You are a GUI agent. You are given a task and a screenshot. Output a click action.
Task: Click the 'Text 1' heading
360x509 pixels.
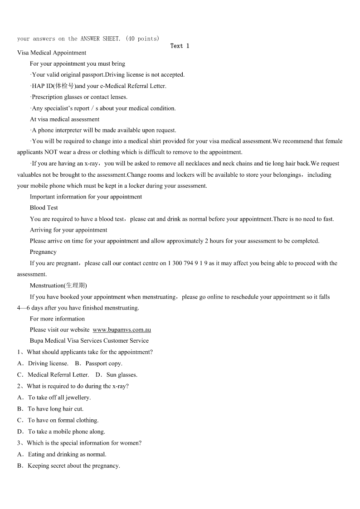180,46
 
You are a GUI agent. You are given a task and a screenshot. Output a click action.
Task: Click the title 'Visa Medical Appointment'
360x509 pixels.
52,53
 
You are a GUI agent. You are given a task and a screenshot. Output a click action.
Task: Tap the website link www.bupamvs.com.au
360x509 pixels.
122,330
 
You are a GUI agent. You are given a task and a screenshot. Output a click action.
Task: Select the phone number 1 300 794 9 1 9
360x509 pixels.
188,263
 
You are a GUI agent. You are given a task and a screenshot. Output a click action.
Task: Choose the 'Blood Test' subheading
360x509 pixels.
44,208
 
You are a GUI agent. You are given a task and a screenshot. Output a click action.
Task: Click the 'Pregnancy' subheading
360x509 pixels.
43,252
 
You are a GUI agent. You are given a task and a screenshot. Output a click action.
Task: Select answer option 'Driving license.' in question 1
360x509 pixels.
48,364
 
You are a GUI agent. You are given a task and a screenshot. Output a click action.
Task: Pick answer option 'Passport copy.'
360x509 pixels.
104,364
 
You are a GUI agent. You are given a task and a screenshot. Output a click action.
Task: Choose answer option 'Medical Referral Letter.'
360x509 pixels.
58,375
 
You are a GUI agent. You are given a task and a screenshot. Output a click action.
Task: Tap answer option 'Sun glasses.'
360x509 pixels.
122,375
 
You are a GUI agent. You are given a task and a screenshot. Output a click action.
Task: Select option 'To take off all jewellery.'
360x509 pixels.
59,398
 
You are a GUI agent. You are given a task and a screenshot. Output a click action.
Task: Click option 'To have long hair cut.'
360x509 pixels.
55,409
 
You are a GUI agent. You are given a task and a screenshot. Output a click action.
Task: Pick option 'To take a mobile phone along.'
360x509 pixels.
66,432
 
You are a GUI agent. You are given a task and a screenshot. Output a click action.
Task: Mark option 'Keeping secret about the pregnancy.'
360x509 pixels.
74,466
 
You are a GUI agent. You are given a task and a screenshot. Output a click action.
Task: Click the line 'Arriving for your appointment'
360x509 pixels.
68,230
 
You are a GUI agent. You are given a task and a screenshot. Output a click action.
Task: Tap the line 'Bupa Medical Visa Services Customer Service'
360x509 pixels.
89,341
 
